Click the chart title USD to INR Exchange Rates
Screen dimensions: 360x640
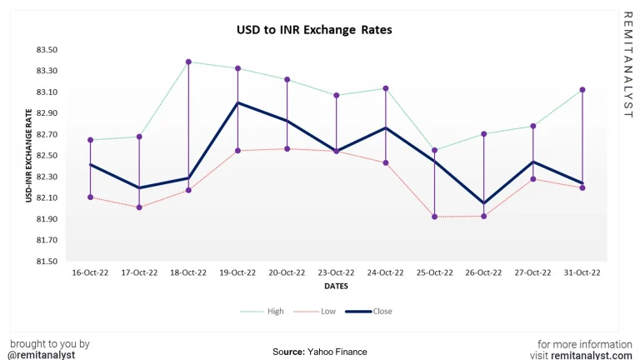pos(314,30)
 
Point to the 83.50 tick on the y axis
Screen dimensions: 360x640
pos(47,50)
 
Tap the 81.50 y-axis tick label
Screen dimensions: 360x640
pos(47,262)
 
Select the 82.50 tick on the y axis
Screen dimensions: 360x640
pos(47,156)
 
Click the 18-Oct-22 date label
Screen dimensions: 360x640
pos(188,272)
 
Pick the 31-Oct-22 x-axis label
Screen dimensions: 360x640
pos(582,272)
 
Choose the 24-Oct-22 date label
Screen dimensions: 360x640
pos(385,272)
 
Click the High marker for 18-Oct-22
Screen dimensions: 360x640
pos(189,62)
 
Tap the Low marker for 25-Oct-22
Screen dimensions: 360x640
pos(434,217)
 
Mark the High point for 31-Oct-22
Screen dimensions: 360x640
pos(582,90)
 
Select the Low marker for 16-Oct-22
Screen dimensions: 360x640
pos(90,197)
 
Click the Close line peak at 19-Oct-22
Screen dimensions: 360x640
pos(237,102)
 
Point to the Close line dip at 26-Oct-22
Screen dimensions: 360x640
pos(483,203)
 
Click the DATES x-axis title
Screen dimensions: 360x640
pos(336,286)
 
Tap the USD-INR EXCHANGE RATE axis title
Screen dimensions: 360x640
pos(30,155)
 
